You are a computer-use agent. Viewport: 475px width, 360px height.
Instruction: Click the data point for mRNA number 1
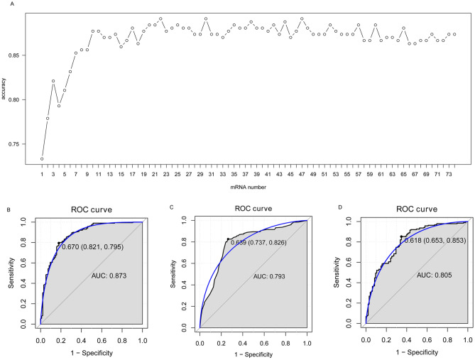point(42,158)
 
